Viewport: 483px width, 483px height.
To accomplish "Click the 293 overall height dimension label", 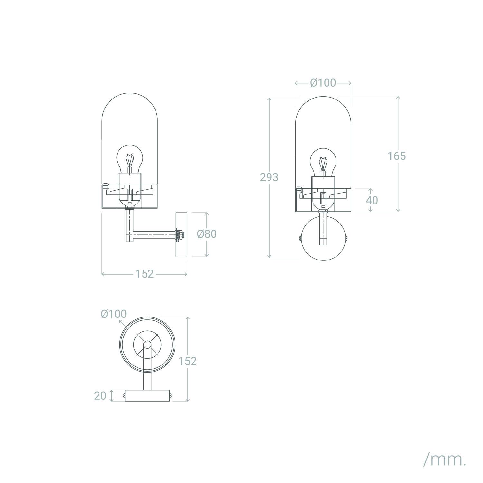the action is (x=269, y=177).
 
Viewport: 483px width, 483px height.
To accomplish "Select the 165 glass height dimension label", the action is (x=396, y=156).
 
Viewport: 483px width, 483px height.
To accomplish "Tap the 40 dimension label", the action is (x=372, y=200).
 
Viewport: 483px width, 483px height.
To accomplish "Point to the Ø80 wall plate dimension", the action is (x=207, y=234).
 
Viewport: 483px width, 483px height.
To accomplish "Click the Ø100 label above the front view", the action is (x=323, y=83).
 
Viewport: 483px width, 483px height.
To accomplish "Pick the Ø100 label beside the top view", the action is (x=114, y=314).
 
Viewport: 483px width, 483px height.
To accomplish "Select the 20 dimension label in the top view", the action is (x=100, y=396).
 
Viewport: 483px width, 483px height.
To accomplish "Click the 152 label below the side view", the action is (x=144, y=274).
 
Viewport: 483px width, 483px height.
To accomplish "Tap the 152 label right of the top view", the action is (x=187, y=361).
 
